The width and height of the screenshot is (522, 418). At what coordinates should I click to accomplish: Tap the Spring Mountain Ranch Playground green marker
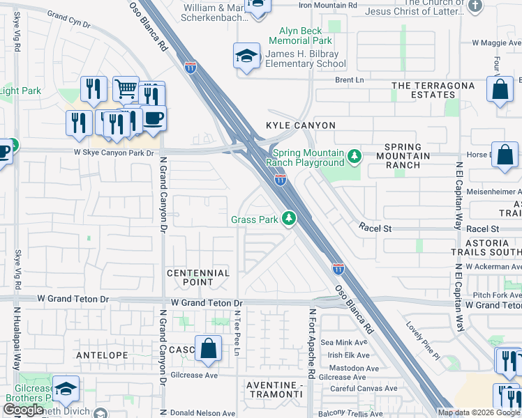point(355,155)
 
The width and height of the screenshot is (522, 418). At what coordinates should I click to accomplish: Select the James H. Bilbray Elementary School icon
point(247,57)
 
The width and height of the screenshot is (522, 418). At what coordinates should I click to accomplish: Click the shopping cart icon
point(126,89)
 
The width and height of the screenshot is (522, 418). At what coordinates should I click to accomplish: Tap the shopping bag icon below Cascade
point(208,348)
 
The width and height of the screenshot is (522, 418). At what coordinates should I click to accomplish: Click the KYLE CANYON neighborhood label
point(301,125)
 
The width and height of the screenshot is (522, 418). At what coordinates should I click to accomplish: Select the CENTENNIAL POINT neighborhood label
point(197,277)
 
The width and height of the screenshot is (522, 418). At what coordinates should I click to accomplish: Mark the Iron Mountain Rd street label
point(328,5)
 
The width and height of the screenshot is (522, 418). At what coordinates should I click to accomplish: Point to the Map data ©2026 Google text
point(479,412)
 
